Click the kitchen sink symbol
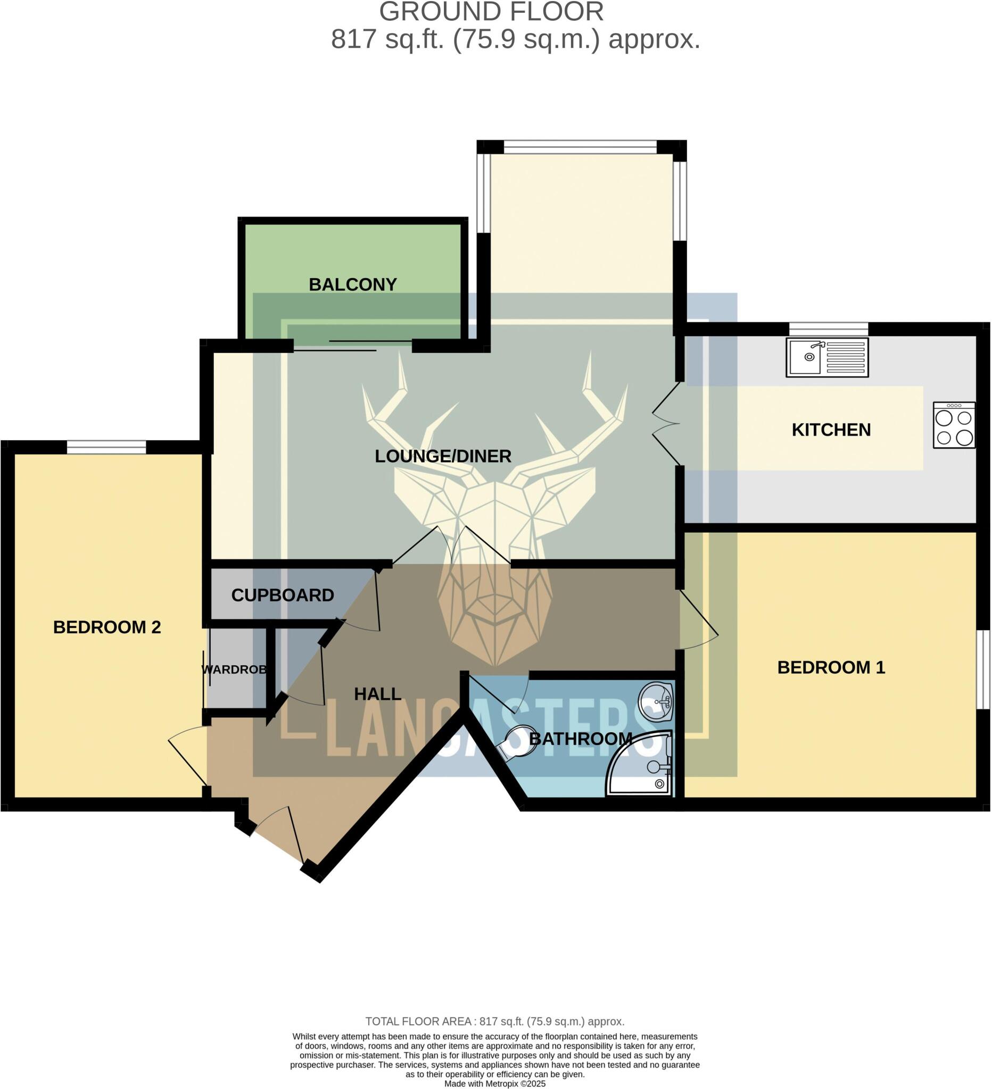pos(826,358)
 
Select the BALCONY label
pos(352,284)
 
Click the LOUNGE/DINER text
pos(443,456)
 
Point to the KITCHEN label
pos(831,430)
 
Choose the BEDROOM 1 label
pos(831,668)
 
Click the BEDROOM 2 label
pos(107,627)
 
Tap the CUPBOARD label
pos(282,595)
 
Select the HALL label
pos(377,694)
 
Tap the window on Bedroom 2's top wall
pos(106,447)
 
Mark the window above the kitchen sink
pos(828,329)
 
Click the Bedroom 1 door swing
pos(698,621)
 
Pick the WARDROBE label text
pos(234,670)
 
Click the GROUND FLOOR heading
pos(491,12)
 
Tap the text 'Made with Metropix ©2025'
pos(494,1084)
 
